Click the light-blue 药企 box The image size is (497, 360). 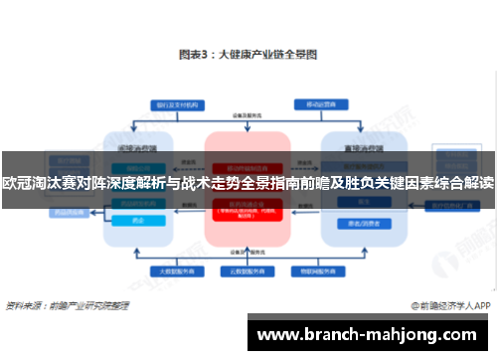click(x=138, y=222)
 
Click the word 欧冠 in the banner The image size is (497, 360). click(x=16, y=184)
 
